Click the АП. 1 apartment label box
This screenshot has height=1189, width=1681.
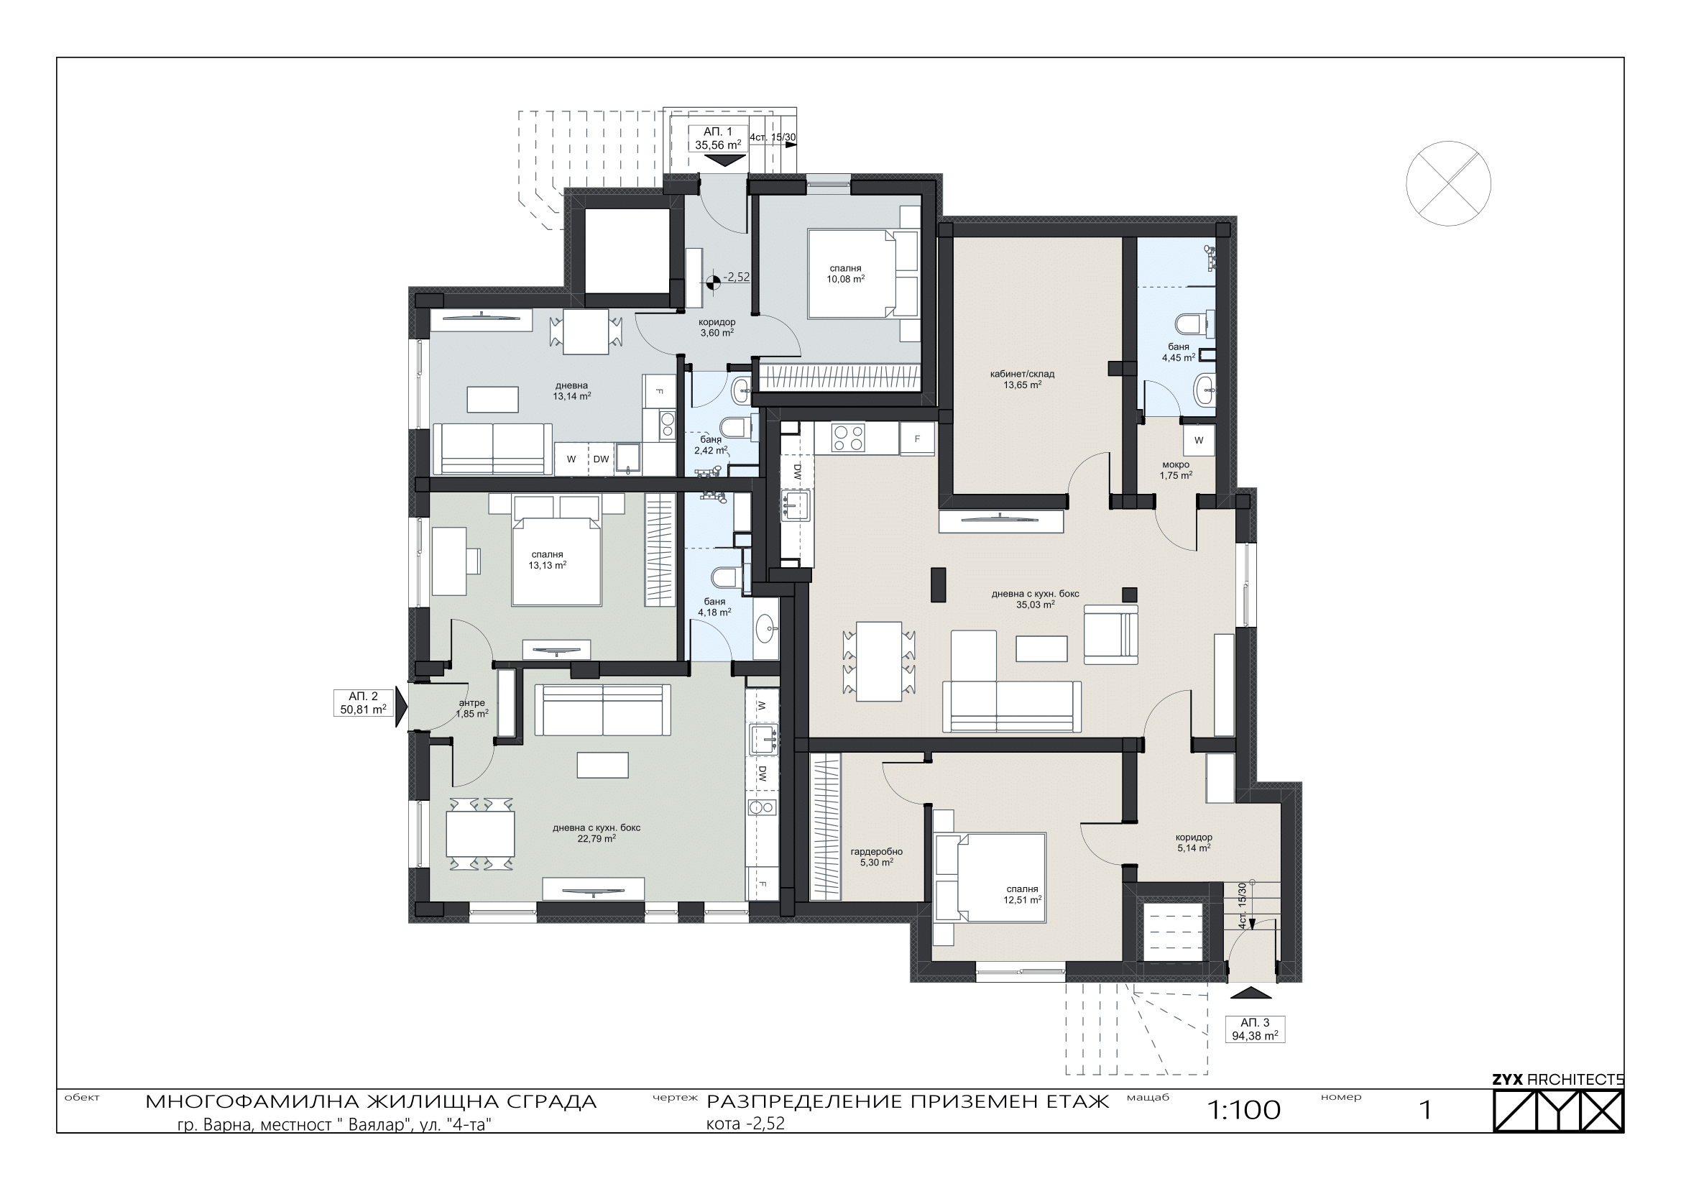tap(717, 137)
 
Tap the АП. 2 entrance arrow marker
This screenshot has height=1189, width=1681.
tap(401, 707)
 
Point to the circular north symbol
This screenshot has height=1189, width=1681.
tap(1448, 184)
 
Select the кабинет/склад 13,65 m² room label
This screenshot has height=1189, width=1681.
tap(1022, 379)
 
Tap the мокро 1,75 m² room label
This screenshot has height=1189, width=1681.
tap(1176, 469)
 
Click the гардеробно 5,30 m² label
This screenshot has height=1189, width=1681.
tap(876, 857)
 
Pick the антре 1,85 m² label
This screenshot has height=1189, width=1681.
tap(472, 708)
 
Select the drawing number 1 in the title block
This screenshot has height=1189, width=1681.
tap(1425, 1111)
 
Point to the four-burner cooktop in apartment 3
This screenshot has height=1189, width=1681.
tap(848, 438)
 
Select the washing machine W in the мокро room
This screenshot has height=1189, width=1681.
tap(1199, 441)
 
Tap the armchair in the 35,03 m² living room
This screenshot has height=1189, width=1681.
tap(1110, 634)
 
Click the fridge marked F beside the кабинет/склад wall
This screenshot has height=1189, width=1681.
tap(917, 439)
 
